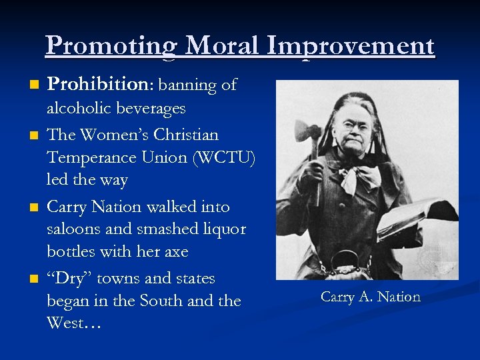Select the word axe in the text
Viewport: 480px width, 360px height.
point(173,252)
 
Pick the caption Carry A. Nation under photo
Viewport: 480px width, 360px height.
point(371,297)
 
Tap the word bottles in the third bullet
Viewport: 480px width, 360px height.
point(72,252)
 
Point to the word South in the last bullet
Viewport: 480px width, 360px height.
point(161,301)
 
